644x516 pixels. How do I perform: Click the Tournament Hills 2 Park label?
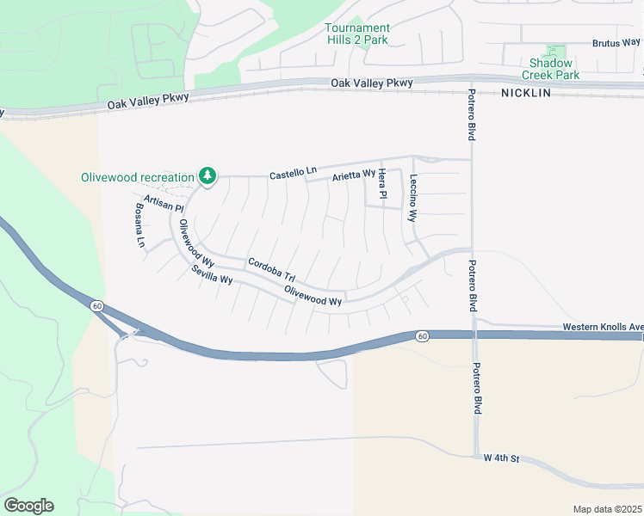pos(357,34)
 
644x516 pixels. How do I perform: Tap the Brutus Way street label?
pos(616,42)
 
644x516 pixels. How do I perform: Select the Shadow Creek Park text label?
pos(551,69)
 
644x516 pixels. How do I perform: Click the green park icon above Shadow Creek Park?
pos(556,52)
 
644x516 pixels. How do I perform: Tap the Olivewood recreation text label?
pos(138,178)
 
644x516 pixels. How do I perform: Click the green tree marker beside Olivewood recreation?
pos(207,176)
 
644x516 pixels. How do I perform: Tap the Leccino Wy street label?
pos(413,200)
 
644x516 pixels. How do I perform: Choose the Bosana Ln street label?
pos(139,226)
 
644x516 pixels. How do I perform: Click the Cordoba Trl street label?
pos(271,270)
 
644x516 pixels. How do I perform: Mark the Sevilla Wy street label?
pos(212,276)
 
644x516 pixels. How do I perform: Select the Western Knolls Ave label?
pos(602,327)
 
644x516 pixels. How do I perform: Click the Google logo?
pos(28,506)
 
